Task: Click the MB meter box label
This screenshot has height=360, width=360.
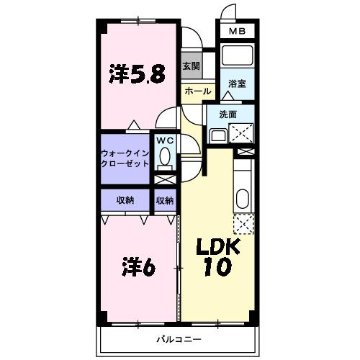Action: coord(237,31)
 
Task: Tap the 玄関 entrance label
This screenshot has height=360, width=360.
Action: coord(192,66)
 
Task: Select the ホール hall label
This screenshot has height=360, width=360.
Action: coord(198,91)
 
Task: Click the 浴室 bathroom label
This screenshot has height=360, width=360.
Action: coord(237,84)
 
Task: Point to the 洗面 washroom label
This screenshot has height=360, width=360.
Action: coord(228,114)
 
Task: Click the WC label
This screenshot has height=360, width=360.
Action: coord(165,140)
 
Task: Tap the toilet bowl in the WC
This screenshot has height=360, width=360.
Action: coord(165,156)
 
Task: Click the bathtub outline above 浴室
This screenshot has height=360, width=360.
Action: coord(237,55)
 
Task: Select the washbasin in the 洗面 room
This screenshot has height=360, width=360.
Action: coord(218,136)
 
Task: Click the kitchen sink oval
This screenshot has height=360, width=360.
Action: coord(243,199)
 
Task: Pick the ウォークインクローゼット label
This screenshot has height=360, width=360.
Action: coord(125,158)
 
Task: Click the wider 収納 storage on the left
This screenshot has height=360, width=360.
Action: coord(125,200)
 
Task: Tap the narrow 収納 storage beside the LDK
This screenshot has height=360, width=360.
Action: coord(165,200)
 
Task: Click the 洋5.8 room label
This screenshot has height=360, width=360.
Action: coord(137,73)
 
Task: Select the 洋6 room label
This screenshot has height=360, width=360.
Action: coord(139,266)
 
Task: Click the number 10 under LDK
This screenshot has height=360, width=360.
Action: coord(218,267)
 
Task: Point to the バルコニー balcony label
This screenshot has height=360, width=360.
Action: coord(179,339)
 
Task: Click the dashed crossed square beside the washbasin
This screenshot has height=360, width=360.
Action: coord(241,133)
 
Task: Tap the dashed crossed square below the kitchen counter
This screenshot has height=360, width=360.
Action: coord(244,224)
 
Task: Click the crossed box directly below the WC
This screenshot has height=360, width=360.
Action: coord(165,179)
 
